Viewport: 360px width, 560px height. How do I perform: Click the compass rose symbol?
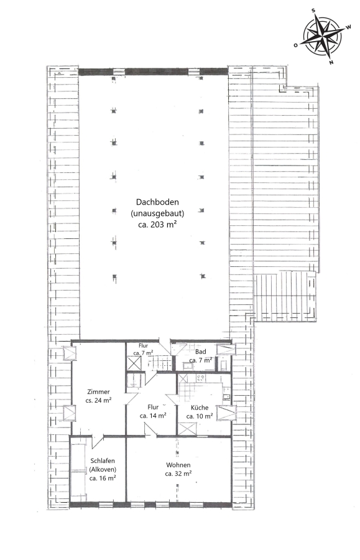pyautogui.click(x=322, y=36)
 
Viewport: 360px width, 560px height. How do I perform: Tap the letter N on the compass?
pyautogui.click(x=331, y=62)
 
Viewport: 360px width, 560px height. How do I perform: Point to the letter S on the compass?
pyautogui.click(x=313, y=11)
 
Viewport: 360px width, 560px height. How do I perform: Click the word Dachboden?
pyautogui.click(x=157, y=202)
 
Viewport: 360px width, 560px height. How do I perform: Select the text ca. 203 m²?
pyautogui.click(x=158, y=225)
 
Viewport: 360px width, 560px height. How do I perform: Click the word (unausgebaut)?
pyautogui.click(x=157, y=213)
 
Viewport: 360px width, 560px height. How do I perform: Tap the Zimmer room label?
pyautogui.click(x=98, y=392)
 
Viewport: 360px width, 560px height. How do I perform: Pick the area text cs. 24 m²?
pyautogui.click(x=98, y=400)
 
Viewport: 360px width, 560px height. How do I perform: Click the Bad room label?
pyautogui.click(x=200, y=352)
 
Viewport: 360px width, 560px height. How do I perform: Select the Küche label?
pyautogui.click(x=200, y=408)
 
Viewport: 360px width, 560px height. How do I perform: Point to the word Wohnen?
pyautogui.click(x=178, y=465)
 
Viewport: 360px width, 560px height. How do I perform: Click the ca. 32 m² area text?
pyautogui.click(x=178, y=474)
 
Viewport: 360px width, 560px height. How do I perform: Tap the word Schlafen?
pyautogui.click(x=103, y=460)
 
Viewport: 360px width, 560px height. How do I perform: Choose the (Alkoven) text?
pyautogui.click(x=103, y=469)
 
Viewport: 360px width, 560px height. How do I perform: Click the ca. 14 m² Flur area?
pyautogui.click(x=153, y=416)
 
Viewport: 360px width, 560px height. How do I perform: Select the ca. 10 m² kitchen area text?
pyautogui.click(x=200, y=416)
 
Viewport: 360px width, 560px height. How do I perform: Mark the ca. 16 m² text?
pyautogui.click(x=103, y=478)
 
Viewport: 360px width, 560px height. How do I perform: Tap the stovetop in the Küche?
pyautogui.click(x=200, y=378)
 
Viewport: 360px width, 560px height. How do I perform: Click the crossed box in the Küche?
pyautogui.click(x=187, y=429)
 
